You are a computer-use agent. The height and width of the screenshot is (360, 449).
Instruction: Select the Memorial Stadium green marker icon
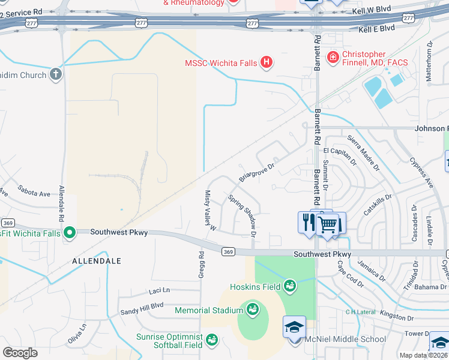pos(252,310)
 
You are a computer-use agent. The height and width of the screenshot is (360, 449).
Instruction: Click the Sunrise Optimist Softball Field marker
pos(211,340)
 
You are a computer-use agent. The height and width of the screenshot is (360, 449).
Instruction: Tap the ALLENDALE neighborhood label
pos(97,261)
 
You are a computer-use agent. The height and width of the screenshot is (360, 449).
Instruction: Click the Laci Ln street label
pos(159,291)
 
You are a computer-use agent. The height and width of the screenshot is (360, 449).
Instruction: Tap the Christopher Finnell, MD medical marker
pos(331,58)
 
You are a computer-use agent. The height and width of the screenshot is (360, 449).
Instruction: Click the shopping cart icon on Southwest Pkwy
pos(327,224)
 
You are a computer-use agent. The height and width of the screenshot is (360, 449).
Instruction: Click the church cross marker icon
pos(55,74)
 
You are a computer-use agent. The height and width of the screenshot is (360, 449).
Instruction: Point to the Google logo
pos(20,353)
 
